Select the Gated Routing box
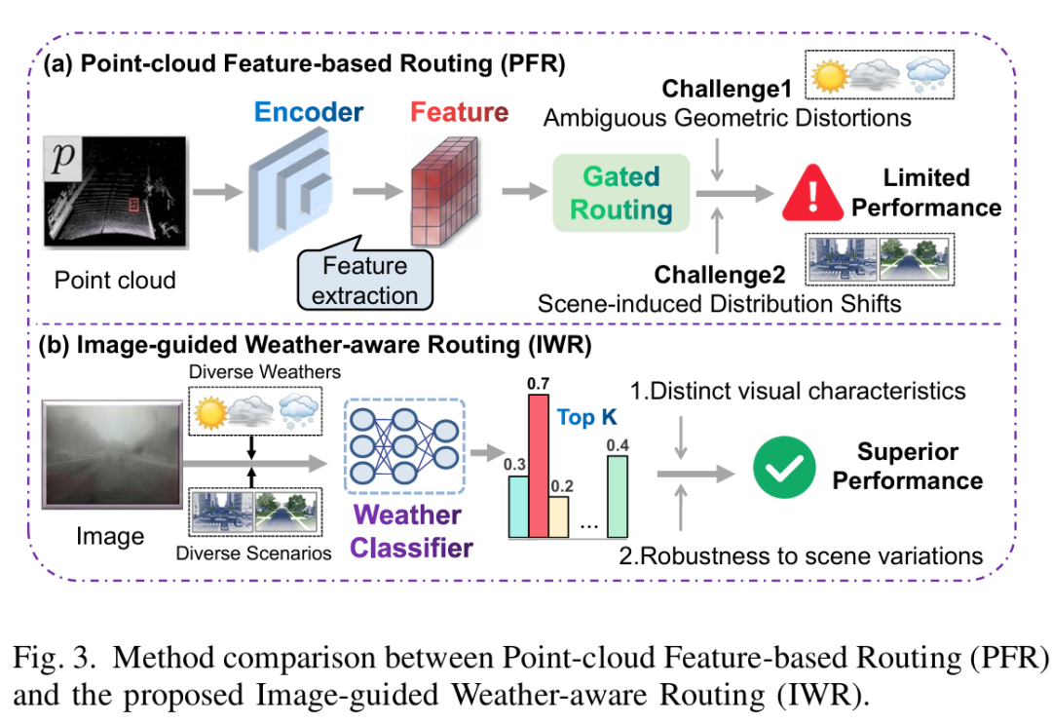621,193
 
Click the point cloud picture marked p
115,191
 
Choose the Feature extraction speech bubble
365,280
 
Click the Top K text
588,418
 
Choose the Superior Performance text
907,466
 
